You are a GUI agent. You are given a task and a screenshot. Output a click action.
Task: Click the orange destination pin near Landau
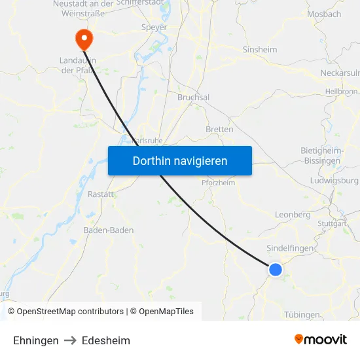(x=84, y=39)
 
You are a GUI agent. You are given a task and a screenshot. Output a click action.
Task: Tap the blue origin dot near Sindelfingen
(x=276, y=269)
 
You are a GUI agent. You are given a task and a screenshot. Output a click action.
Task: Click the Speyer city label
(x=154, y=27)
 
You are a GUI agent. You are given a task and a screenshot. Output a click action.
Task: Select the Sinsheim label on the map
(x=260, y=49)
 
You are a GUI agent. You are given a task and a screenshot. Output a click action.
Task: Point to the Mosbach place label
(x=324, y=14)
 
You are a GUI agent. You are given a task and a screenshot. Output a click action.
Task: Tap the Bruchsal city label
(x=193, y=97)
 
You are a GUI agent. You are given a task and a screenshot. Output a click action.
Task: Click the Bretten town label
(x=219, y=129)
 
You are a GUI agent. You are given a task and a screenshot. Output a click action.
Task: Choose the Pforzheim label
(x=218, y=183)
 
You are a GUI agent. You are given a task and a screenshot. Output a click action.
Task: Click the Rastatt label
(x=101, y=194)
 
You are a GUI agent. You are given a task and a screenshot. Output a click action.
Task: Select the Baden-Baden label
(x=109, y=230)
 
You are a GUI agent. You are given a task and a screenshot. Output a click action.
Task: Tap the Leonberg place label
(x=293, y=214)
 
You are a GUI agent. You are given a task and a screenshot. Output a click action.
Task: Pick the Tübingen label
(x=302, y=314)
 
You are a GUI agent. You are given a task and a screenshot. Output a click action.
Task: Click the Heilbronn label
(x=340, y=91)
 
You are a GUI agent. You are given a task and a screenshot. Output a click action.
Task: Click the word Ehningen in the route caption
(x=36, y=340)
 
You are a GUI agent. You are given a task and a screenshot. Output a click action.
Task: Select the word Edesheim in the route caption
(x=106, y=340)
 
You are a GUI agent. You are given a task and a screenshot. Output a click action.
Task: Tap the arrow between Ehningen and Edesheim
(x=70, y=340)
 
